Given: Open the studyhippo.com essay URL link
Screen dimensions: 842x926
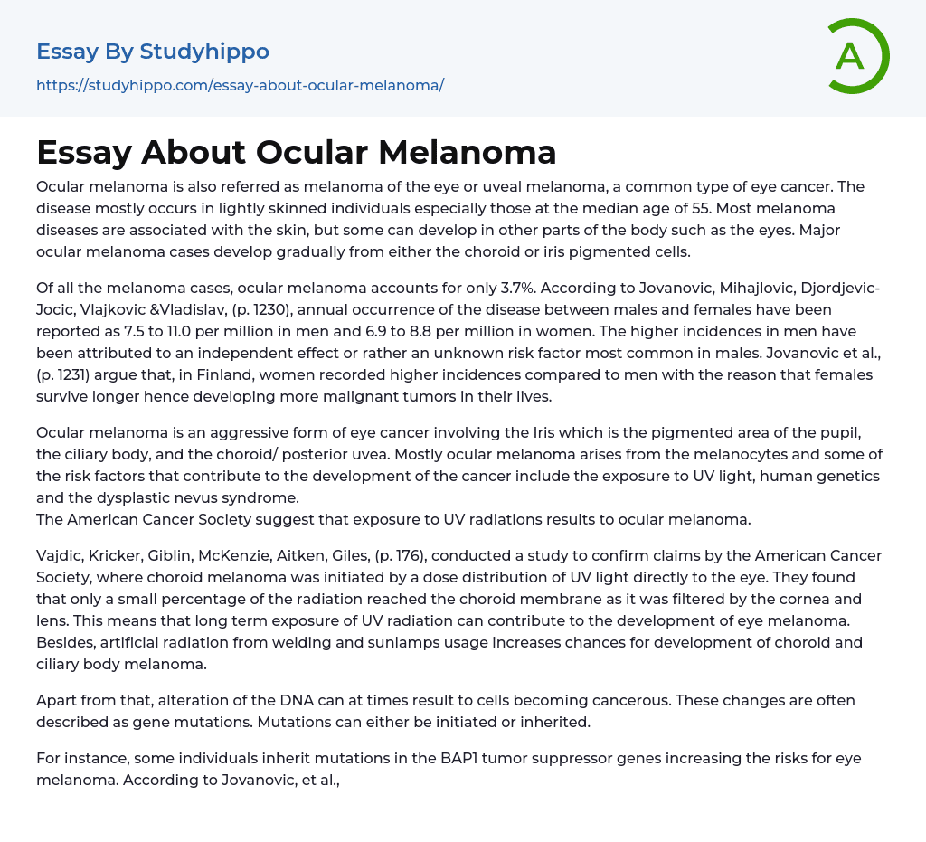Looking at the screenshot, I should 240,85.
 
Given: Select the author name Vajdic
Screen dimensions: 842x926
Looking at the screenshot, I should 61,555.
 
